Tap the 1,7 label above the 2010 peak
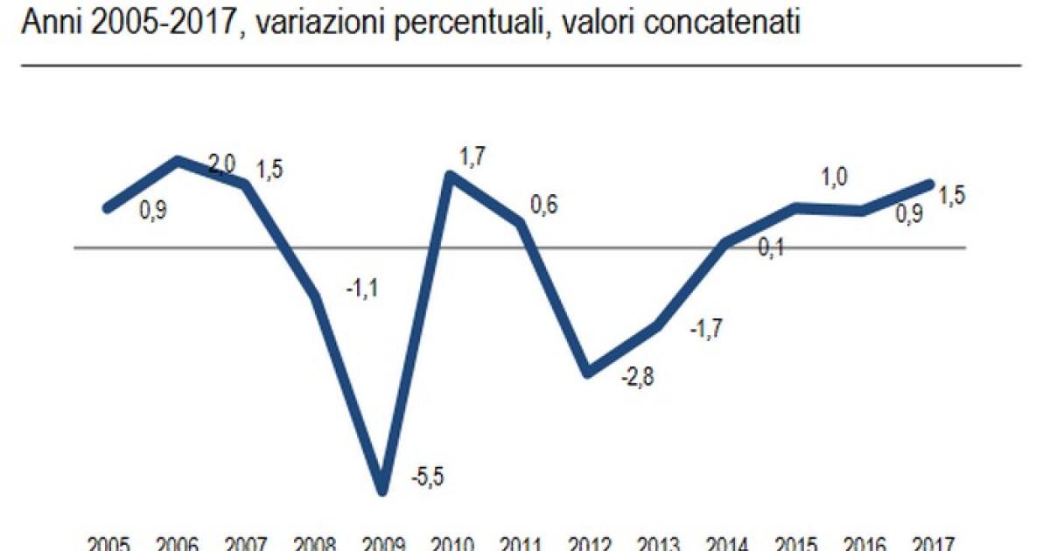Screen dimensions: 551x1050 point(473,157)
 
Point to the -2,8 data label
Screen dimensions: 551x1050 point(637,378)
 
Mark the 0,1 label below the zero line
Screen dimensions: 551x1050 point(771,250)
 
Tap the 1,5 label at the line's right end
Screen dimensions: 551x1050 point(951,196)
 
